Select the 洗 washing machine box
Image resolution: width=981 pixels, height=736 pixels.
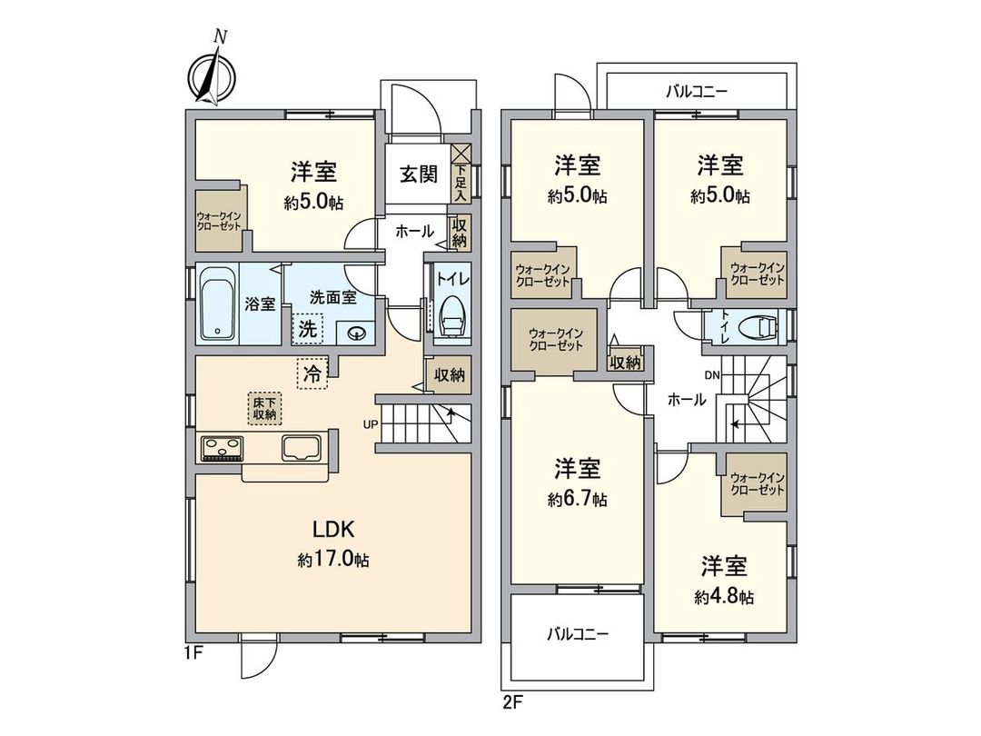[x=308, y=329]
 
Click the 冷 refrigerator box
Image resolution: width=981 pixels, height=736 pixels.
[x=312, y=373]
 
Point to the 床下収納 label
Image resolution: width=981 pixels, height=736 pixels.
[x=264, y=408]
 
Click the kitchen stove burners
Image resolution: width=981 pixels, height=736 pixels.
[x=222, y=447]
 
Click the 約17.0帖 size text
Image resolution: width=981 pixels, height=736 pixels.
[x=333, y=561]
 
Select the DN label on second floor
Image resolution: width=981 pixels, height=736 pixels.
[x=712, y=373]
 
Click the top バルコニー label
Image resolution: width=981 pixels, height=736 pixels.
[x=697, y=91]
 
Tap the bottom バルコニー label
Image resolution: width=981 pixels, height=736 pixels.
[x=578, y=634]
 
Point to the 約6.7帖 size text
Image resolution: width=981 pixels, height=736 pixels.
[x=578, y=499]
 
